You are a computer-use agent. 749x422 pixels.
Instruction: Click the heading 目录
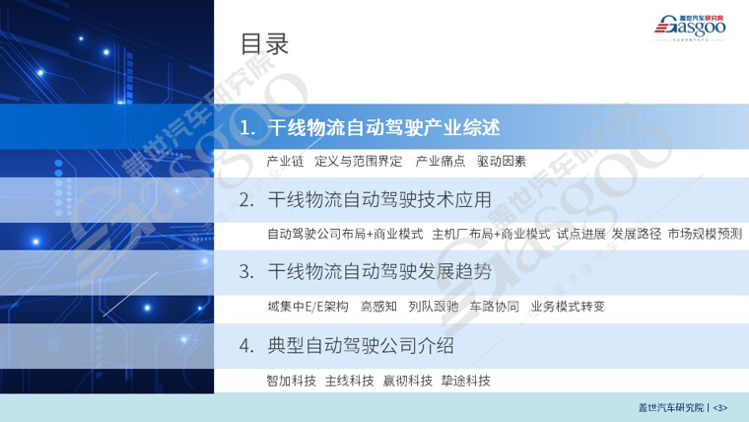(264, 43)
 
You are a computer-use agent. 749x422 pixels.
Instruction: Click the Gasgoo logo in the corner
(690, 28)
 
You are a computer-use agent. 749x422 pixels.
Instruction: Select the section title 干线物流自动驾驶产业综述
(383, 127)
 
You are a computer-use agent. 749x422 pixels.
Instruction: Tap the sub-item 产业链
(285, 162)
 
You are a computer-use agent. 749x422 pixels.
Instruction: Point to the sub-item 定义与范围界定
(359, 162)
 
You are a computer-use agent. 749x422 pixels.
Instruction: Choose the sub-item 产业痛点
(440, 162)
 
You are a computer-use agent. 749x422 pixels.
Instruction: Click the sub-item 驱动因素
(501, 162)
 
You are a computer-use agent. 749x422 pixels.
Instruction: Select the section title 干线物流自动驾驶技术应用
(379, 200)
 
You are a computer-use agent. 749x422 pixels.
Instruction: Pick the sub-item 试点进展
(580, 234)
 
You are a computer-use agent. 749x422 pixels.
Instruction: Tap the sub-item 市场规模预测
(705, 234)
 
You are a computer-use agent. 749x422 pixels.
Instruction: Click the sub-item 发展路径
(637, 234)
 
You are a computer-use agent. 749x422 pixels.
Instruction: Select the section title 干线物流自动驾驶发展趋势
(379, 271)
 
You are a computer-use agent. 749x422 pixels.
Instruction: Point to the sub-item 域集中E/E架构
(307, 307)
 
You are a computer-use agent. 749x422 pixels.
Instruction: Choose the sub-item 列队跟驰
(434, 307)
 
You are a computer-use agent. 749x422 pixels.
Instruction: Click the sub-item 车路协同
(495, 307)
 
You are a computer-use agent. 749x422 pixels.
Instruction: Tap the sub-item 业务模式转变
(568, 307)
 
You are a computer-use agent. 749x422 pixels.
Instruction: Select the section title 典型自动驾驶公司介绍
(361, 345)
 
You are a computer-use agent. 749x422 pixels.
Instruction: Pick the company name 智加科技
(292, 381)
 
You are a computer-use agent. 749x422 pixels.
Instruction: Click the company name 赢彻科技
(407, 381)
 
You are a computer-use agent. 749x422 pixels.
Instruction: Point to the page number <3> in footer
(720, 408)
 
